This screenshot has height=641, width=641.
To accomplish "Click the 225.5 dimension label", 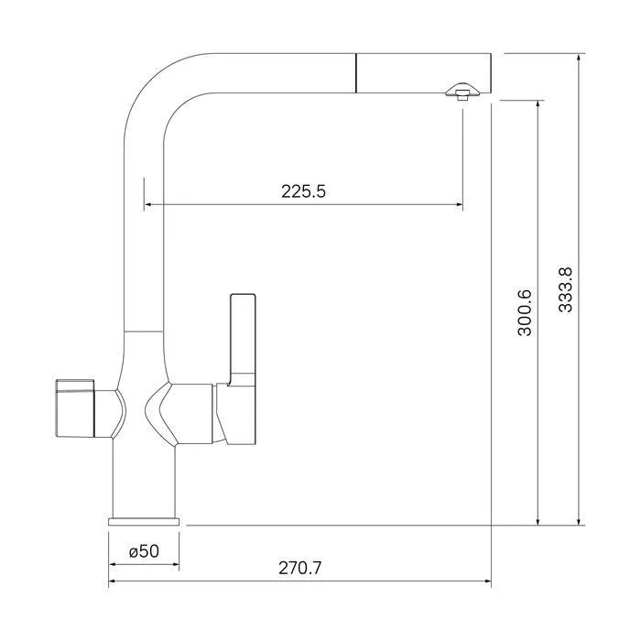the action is [x=303, y=191].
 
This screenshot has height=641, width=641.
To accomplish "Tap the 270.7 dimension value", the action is [x=300, y=568].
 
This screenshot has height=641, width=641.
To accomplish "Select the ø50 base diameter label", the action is [x=144, y=551].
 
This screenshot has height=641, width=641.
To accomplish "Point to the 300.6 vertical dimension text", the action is [x=525, y=313].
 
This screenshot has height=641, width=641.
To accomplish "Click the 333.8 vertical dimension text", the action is [x=566, y=290].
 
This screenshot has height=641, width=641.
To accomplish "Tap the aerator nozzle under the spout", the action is [x=462, y=91].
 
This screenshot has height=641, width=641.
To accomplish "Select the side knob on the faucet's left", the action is [x=75, y=408].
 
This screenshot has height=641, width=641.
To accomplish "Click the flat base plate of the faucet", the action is [x=144, y=521].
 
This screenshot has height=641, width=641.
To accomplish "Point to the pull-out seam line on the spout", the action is [x=356, y=73].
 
